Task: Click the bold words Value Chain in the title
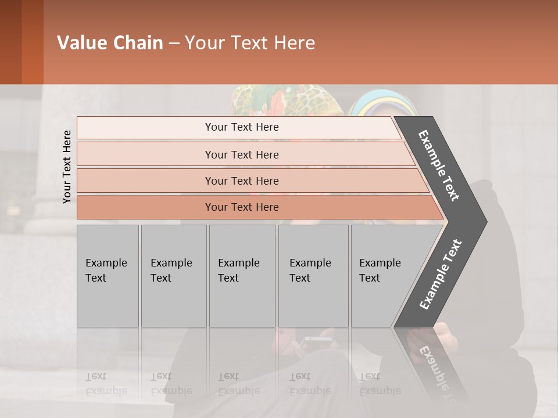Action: click(110, 43)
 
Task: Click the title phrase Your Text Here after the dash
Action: click(250, 43)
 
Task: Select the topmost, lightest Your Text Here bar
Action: click(242, 127)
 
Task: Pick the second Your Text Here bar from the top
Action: click(242, 154)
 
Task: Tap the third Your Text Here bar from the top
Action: click(242, 181)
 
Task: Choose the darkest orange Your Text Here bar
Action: click(242, 207)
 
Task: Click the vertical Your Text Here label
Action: click(67, 167)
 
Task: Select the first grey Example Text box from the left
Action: click(108, 276)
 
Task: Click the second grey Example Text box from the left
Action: click(173, 276)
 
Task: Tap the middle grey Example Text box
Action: click(242, 276)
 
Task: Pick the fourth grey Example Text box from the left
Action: click(313, 276)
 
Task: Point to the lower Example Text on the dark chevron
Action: click(441, 274)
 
